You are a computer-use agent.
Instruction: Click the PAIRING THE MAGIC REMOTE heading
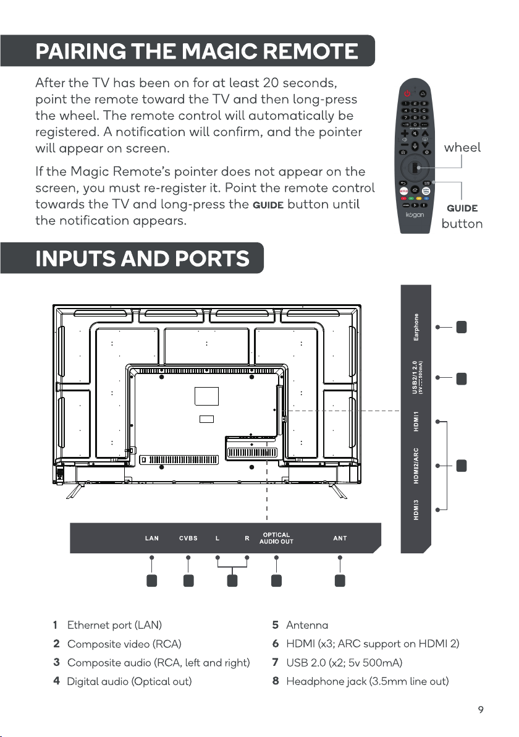point(196,51)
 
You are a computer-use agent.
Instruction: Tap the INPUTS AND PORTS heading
point(142,258)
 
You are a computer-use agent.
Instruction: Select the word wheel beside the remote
point(462,148)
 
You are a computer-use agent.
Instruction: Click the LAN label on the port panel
point(151,538)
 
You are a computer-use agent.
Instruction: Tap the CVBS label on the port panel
point(188,538)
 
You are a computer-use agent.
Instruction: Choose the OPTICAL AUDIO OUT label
point(276,538)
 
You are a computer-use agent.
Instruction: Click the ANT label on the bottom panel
point(340,538)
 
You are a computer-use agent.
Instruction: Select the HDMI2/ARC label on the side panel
point(416,465)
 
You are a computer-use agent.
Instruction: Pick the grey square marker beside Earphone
point(461,328)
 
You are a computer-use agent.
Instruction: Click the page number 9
point(480,709)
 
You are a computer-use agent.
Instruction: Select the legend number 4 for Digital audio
point(56,681)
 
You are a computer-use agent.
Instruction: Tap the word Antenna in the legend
point(307,626)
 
